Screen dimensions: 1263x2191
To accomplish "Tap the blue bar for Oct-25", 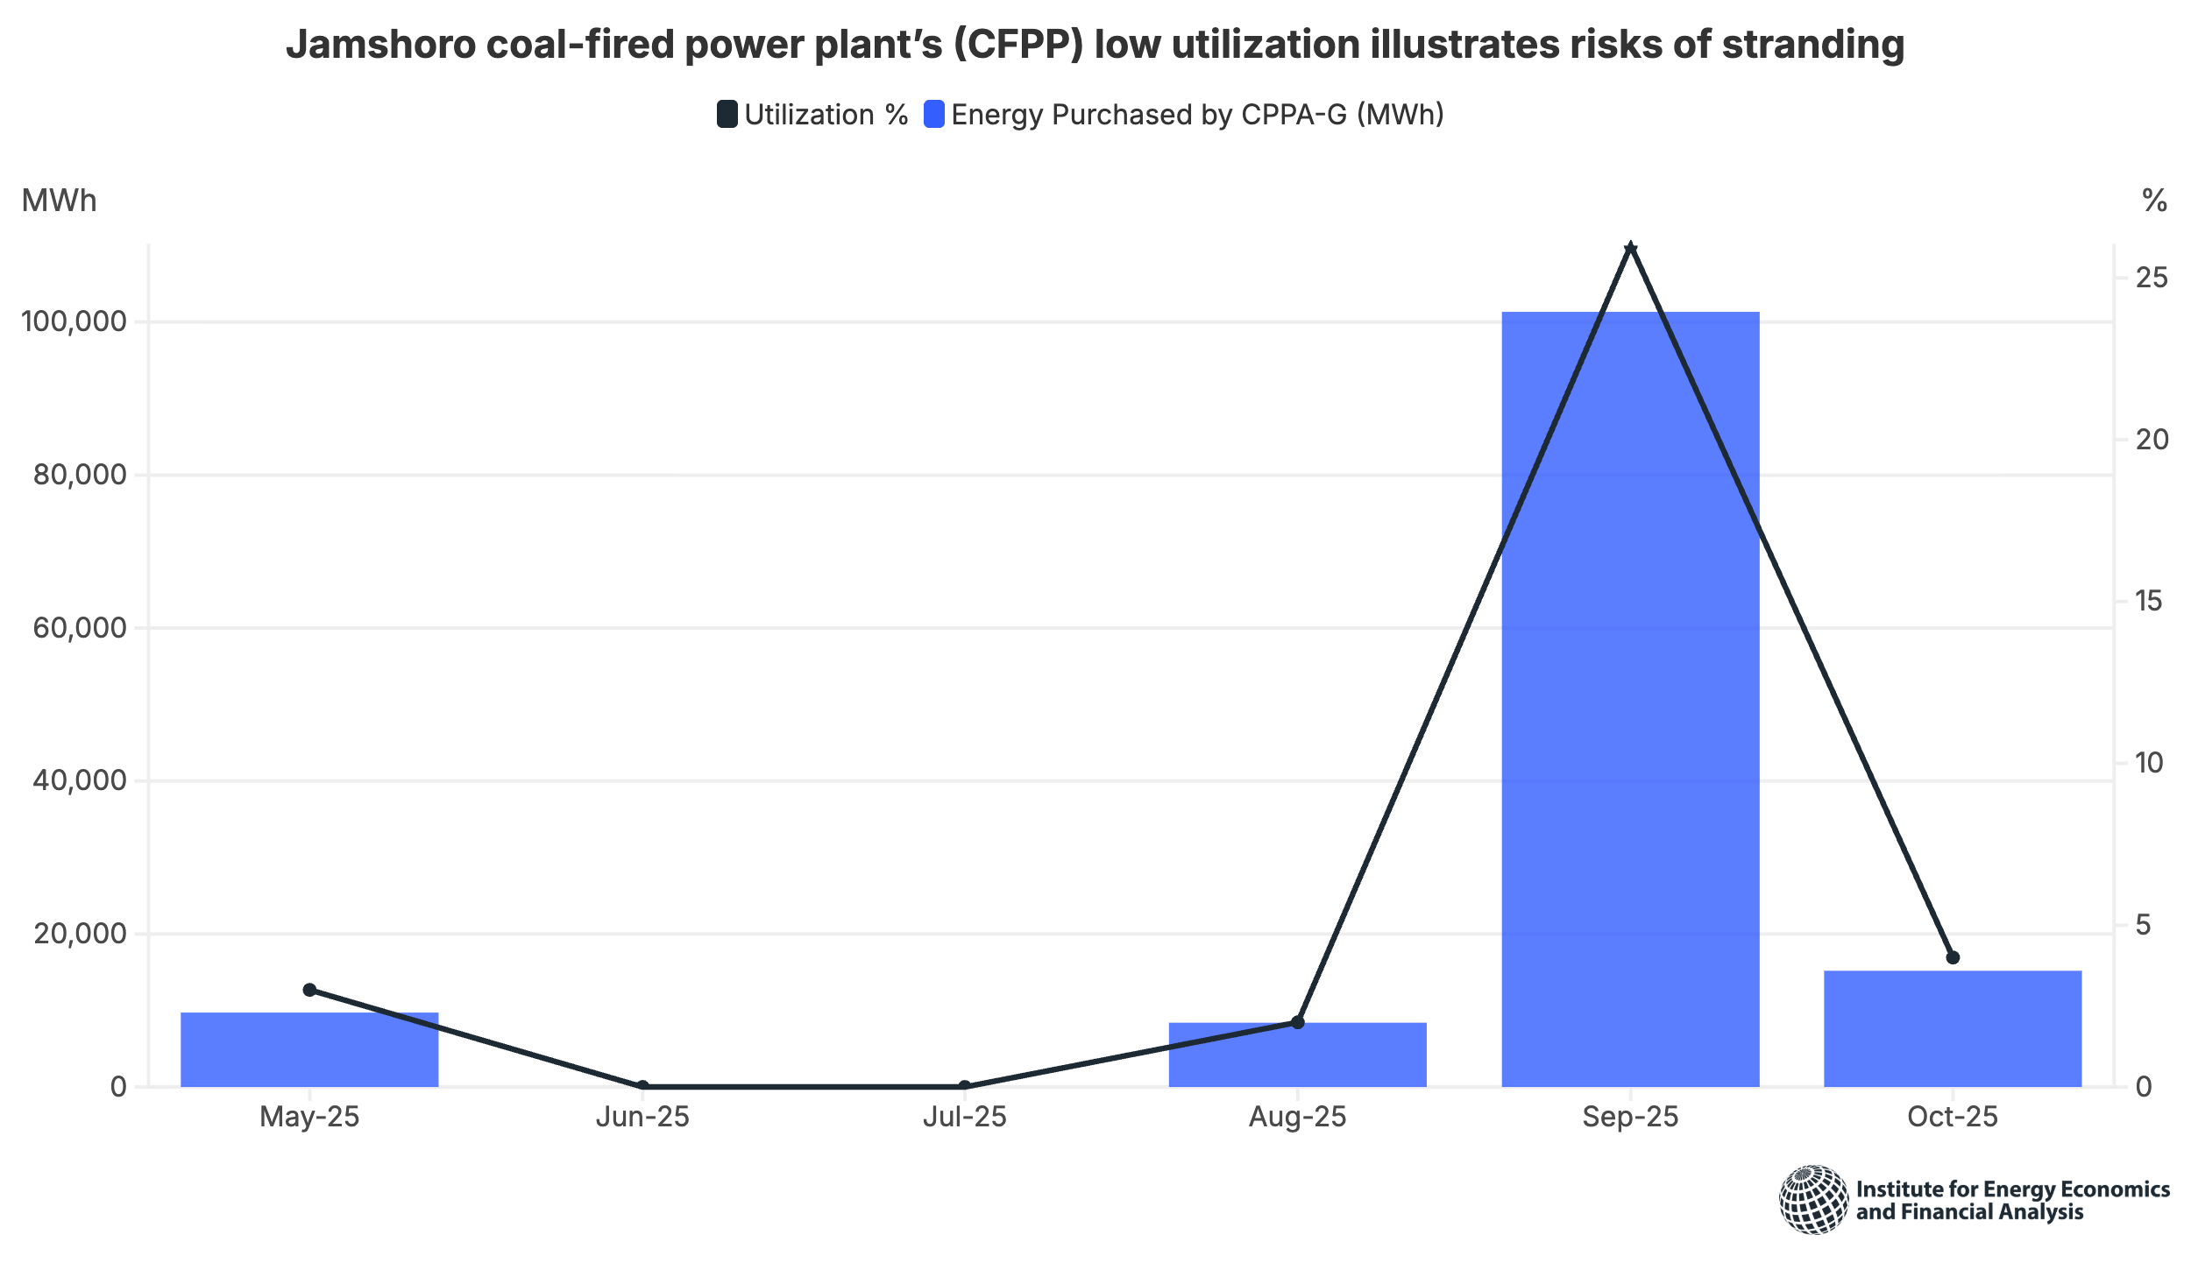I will point(1953,1028).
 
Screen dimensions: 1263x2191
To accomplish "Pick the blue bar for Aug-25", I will point(1297,1055).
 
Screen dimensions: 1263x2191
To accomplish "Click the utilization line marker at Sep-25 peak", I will point(1630,249).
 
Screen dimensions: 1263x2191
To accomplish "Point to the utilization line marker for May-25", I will point(309,990).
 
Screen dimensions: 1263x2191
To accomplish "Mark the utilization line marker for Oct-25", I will point(1953,957).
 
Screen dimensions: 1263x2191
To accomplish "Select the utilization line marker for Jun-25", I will point(642,1086).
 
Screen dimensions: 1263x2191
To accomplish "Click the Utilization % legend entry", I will point(812,115).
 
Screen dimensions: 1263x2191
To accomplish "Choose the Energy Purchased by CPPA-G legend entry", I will point(1184,115).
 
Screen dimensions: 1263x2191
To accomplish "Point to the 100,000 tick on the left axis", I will point(74,321).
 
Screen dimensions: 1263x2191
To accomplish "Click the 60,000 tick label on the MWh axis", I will point(80,628).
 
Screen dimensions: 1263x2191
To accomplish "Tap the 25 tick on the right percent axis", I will point(2152,278).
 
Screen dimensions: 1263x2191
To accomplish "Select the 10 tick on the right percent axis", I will point(2150,763).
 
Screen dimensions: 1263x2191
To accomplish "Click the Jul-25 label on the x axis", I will point(964,1117).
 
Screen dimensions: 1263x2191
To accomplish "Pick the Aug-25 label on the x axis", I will point(1297,1117).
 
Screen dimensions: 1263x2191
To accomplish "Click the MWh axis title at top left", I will point(59,201).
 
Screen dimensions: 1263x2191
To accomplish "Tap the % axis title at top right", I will point(2154,201).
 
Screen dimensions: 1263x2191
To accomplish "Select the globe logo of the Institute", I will point(1813,1199).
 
